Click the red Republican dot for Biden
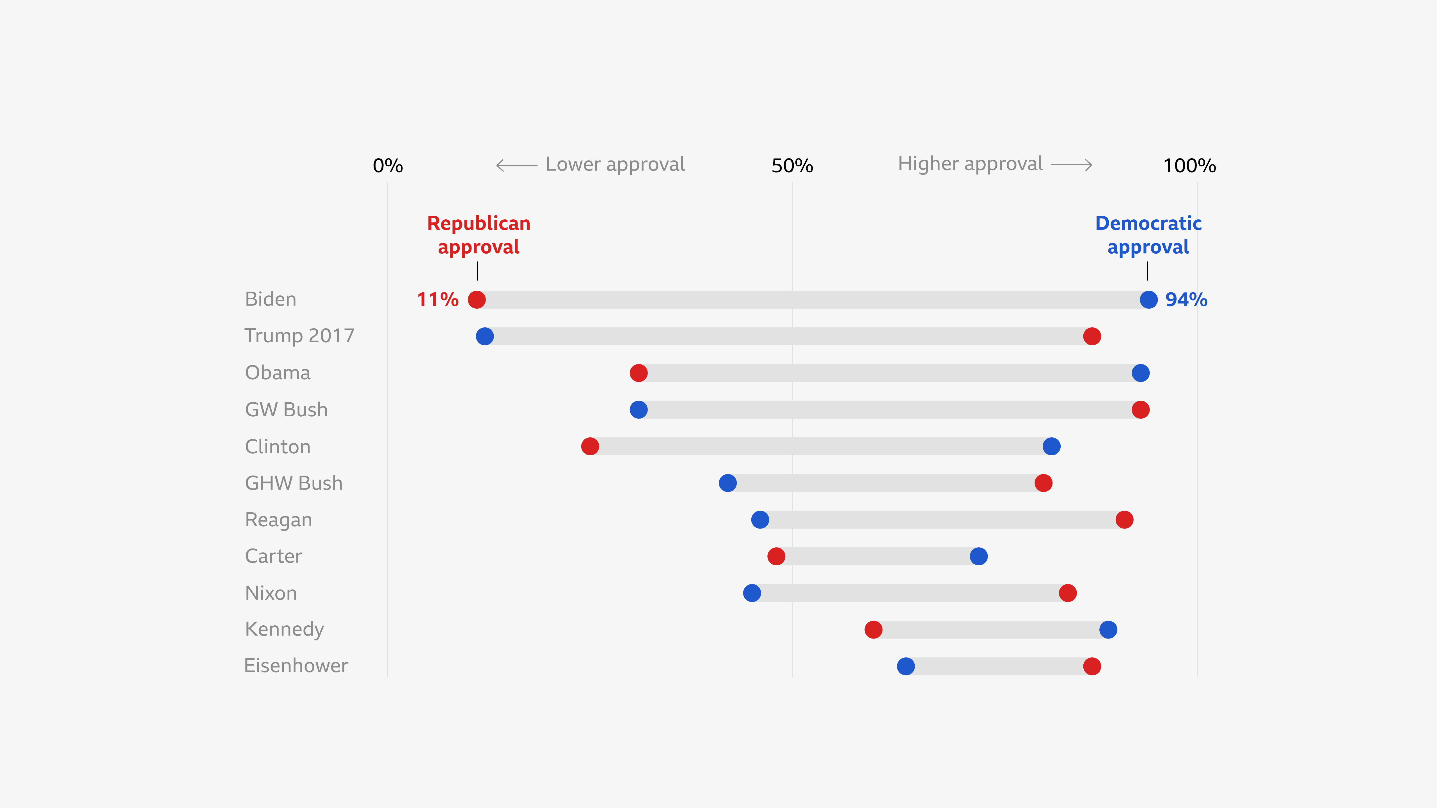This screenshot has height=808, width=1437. click(x=476, y=299)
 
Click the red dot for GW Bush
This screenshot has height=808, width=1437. click(x=1140, y=410)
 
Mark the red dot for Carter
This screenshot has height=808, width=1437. click(x=776, y=556)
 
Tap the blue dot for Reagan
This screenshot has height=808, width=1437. click(x=760, y=520)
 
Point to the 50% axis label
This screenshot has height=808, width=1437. click(x=792, y=166)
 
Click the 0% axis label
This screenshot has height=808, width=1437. click(x=388, y=166)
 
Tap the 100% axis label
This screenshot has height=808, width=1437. click(x=1189, y=166)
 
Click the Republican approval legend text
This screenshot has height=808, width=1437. click(x=479, y=235)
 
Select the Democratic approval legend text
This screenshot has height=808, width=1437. click(x=1148, y=235)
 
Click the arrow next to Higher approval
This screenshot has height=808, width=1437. click(x=1071, y=164)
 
